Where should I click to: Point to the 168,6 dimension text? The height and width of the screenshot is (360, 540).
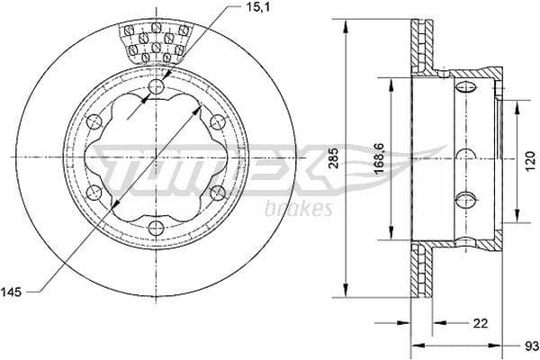(380, 153)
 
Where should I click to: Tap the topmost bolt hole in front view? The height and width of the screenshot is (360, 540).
(158, 87)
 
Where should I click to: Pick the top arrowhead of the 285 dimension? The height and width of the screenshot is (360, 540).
(346, 22)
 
